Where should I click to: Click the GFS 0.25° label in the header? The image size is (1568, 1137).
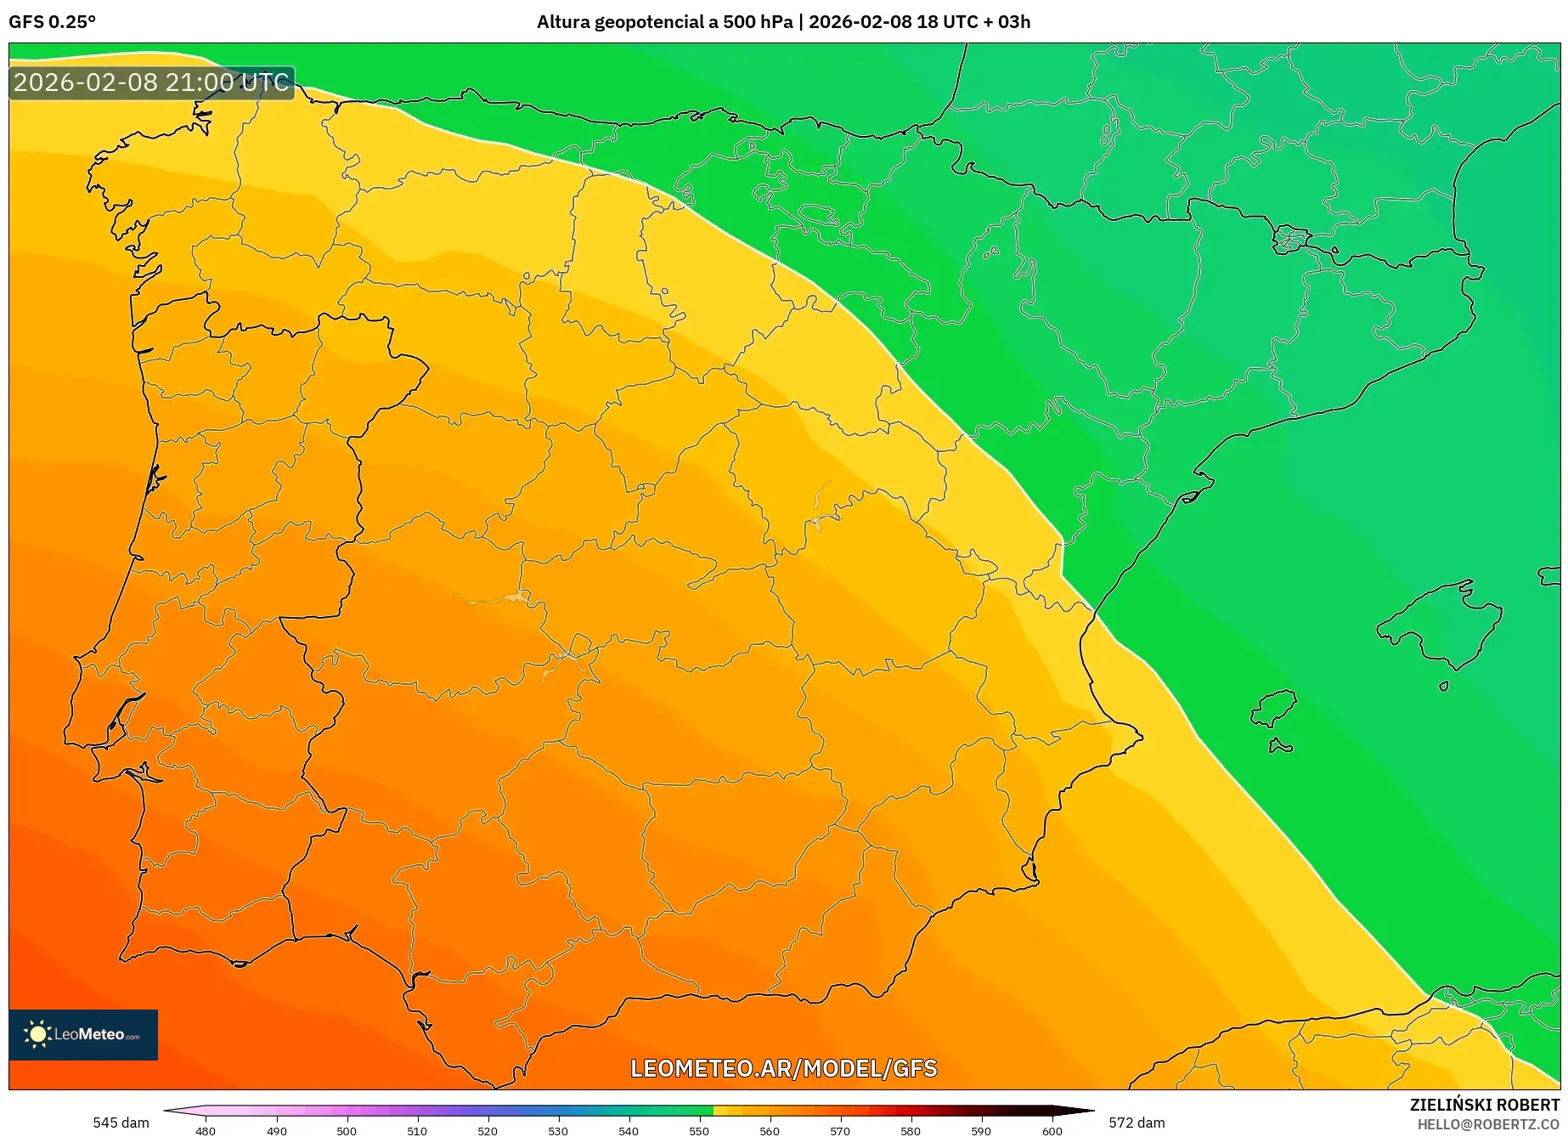coord(52,22)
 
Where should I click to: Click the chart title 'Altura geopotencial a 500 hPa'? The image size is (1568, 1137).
coord(664,22)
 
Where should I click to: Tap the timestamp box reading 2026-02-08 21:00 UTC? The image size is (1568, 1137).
coord(151,82)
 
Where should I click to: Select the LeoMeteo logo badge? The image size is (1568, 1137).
coord(83,1034)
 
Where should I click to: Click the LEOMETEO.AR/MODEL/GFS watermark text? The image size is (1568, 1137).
coord(783,1068)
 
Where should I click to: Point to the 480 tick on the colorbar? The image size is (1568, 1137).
coord(206,1130)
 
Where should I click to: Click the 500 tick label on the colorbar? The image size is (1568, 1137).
coord(347,1130)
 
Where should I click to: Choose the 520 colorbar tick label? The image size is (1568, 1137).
coord(488,1130)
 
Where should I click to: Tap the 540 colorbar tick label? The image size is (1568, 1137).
coord(629,1130)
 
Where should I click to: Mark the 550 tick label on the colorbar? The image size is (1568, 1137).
coord(699,1130)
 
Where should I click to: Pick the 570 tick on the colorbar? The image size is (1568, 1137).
coord(840,1130)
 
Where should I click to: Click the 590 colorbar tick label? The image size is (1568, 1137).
coord(981,1130)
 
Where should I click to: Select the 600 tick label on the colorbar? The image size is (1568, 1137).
coord(1052,1130)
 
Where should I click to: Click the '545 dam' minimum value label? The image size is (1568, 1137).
coord(121,1123)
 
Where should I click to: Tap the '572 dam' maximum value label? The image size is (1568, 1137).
coord(1137,1123)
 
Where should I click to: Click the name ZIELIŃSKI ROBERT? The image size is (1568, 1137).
coord(1485,1106)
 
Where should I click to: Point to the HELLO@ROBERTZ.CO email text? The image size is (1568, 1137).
coord(1488,1124)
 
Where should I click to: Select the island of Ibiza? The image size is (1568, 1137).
coord(1275,708)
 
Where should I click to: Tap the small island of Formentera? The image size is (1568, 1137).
coord(1280,747)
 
